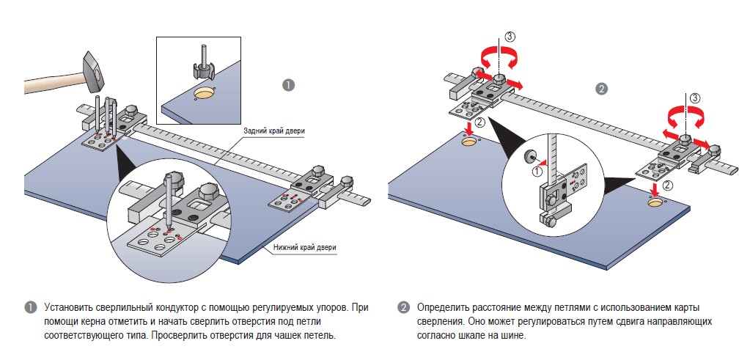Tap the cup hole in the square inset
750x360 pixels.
point(205,93)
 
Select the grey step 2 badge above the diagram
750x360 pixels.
point(601,89)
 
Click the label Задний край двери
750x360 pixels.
point(275,131)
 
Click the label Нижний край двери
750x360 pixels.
point(304,247)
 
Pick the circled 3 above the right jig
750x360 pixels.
point(695,97)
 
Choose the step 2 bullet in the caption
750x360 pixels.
point(403,307)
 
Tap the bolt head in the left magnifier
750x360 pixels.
point(175,178)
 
